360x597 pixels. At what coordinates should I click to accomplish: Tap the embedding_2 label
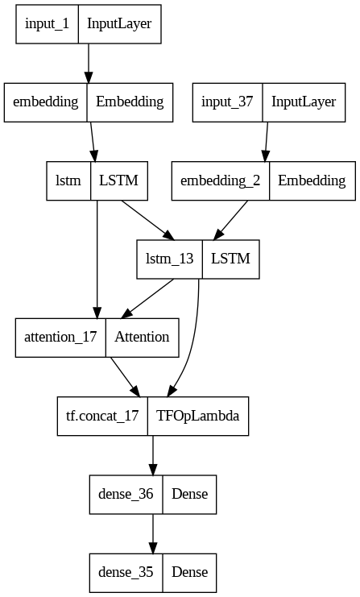point(221,180)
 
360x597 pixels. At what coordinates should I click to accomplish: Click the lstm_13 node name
point(169,259)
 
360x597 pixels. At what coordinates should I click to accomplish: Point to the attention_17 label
point(61,337)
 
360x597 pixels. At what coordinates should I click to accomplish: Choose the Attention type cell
point(142,337)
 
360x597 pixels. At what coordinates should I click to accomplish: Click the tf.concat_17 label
point(102,416)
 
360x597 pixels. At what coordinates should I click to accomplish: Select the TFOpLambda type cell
point(197,416)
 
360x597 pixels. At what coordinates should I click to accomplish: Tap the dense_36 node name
point(126,494)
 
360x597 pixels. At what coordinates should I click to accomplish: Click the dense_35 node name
point(126,572)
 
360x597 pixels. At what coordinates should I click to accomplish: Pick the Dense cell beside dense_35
point(189,572)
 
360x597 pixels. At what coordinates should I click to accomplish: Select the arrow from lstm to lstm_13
point(147,219)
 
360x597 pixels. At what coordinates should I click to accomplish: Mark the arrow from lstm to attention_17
point(97,258)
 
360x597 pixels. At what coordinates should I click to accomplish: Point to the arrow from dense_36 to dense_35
point(152,533)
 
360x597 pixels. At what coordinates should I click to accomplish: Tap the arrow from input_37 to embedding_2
point(266,141)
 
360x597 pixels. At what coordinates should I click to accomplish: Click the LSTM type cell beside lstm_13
point(230,259)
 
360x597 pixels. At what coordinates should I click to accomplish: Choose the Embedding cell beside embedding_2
point(312,180)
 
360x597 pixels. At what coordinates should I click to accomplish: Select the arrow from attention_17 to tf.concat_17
point(122,376)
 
